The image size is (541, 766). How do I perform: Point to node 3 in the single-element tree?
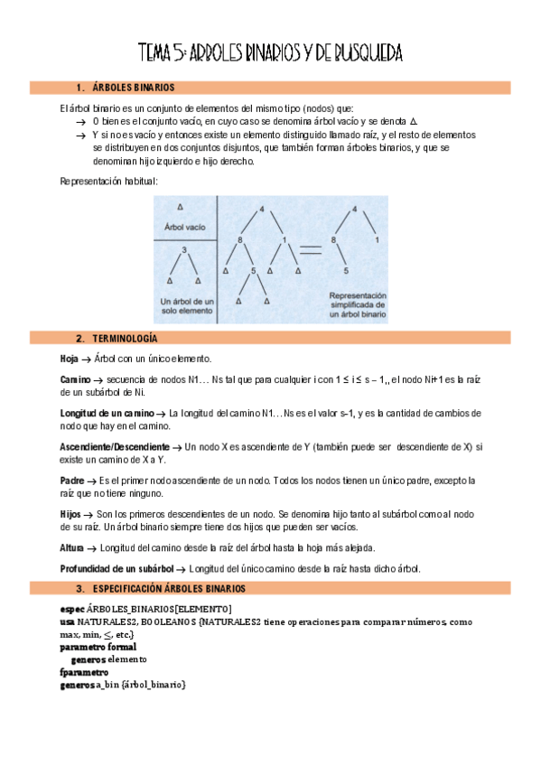coord(183,249)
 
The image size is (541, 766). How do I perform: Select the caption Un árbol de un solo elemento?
coord(183,305)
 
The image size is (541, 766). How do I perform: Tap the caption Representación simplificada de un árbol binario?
coord(358,305)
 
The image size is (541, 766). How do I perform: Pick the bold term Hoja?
coord(69,359)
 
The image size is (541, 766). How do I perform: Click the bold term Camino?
coord(75,378)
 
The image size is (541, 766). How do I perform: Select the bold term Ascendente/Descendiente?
coord(114,447)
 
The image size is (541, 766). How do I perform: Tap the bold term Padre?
coord(72,481)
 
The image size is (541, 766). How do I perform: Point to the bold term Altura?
coord(72,547)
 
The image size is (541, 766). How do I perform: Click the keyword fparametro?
coord(83,672)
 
